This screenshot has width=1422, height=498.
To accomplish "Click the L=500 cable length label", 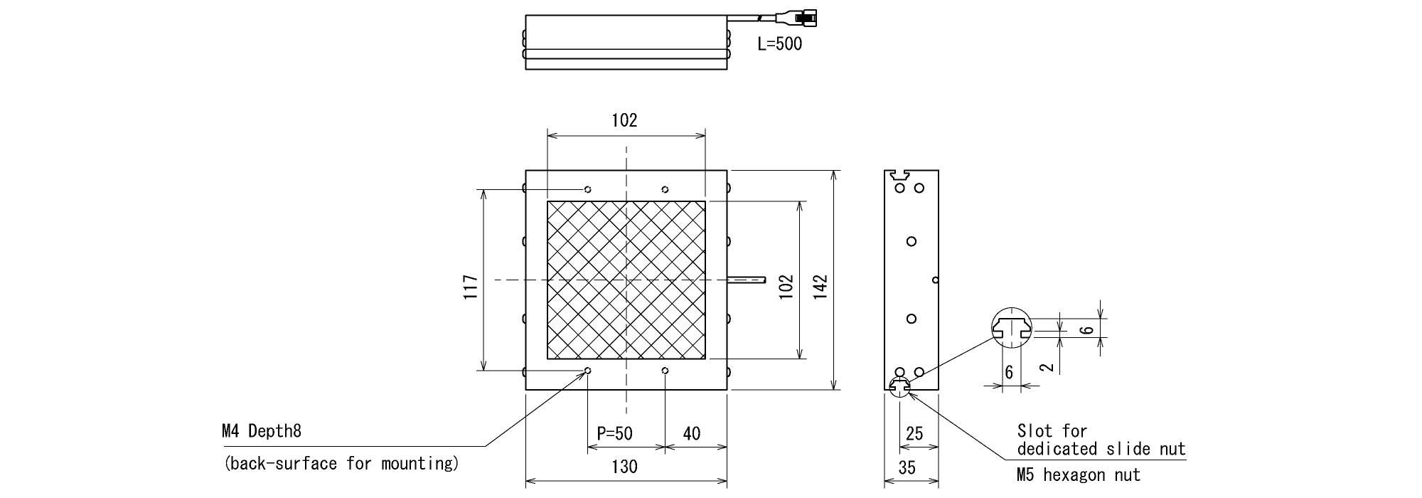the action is click(x=779, y=44).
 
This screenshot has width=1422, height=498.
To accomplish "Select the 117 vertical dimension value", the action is click(x=471, y=287).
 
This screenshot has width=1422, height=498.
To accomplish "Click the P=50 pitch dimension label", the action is click(x=614, y=433).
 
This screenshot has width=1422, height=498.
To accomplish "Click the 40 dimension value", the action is click(x=691, y=433).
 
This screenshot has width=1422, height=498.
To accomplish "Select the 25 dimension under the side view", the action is click(x=915, y=433).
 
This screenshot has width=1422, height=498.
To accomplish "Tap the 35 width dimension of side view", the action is click(x=907, y=467).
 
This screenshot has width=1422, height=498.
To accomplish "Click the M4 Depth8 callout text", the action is click(x=262, y=431).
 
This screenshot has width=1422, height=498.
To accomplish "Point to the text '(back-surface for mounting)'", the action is click(x=341, y=464).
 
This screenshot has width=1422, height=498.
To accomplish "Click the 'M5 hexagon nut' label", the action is click(x=1079, y=475).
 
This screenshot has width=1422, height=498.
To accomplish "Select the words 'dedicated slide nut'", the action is click(x=1101, y=449).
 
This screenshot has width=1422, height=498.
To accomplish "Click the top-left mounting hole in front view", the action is click(x=588, y=189).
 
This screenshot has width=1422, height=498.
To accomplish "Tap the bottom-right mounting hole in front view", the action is click(x=665, y=371).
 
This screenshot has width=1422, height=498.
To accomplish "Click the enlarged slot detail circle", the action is click(x=1012, y=329).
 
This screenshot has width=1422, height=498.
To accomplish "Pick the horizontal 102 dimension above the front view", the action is click(x=624, y=120).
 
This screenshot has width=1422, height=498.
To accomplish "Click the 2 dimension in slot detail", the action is click(x=1045, y=368).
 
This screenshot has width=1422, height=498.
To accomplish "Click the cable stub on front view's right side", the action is click(x=747, y=279).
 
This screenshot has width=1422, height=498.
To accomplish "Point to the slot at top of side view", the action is click(x=900, y=173).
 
